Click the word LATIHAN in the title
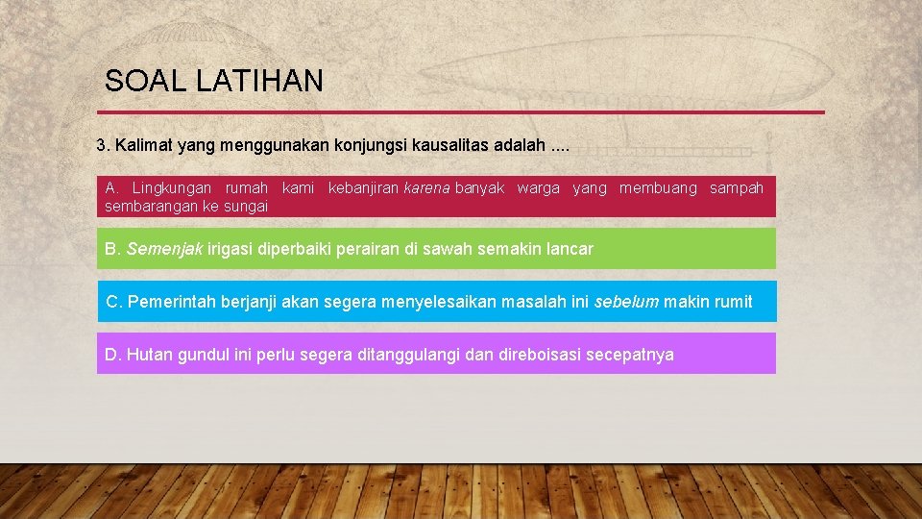pos(259,82)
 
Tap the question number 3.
pos(103,146)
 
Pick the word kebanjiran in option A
pos(363,188)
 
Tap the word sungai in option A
pos(246,207)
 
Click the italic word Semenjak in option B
pos(164,249)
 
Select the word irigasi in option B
pos(230,249)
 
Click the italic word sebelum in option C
pos(626,302)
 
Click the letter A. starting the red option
pos(111,188)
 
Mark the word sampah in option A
pos(736,188)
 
